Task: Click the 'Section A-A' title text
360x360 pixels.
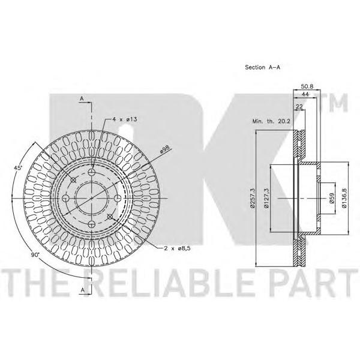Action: (262, 67)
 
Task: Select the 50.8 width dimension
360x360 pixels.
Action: (307, 86)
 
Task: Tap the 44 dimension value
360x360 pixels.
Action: (305, 94)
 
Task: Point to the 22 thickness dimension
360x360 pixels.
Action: (299, 106)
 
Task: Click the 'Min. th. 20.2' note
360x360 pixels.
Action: (271, 121)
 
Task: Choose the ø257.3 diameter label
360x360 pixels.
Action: (253, 199)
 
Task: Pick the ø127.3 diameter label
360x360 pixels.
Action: (266, 199)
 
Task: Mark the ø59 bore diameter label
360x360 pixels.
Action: (332, 198)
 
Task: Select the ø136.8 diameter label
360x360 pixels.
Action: (344, 198)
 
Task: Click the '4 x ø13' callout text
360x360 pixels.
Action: (125, 119)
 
